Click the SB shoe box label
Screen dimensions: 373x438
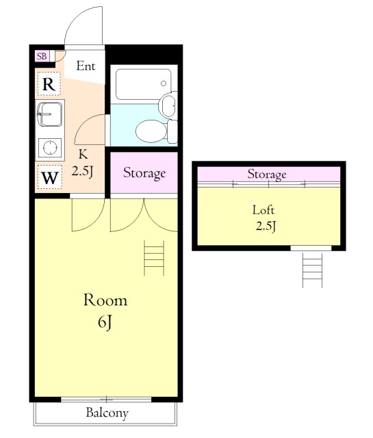(x=42, y=56)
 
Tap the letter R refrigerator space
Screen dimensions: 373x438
(x=49, y=83)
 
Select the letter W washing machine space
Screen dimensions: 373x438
(x=50, y=177)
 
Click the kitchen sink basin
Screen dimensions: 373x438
(x=50, y=114)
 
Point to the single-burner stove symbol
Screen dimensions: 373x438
(x=50, y=147)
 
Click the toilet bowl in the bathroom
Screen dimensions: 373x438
(x=151, y=131)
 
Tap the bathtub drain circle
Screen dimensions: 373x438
(x=164, y=83)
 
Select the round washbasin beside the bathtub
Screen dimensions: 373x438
(x=168, y=105)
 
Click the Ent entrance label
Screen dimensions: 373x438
(x=86, y=66)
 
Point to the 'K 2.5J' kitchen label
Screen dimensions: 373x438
(x=82, y=163)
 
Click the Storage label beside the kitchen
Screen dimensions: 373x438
(x=144, y=173)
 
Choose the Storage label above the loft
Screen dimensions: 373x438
(x=267, y=175)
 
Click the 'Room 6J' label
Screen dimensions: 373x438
(x=105, y=311)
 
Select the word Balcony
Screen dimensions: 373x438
(x=107, y=413)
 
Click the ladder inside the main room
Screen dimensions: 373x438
(x=154, y=258)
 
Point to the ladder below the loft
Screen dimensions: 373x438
(x=312, y=270)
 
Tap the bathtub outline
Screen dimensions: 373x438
(x=143, y=84)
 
